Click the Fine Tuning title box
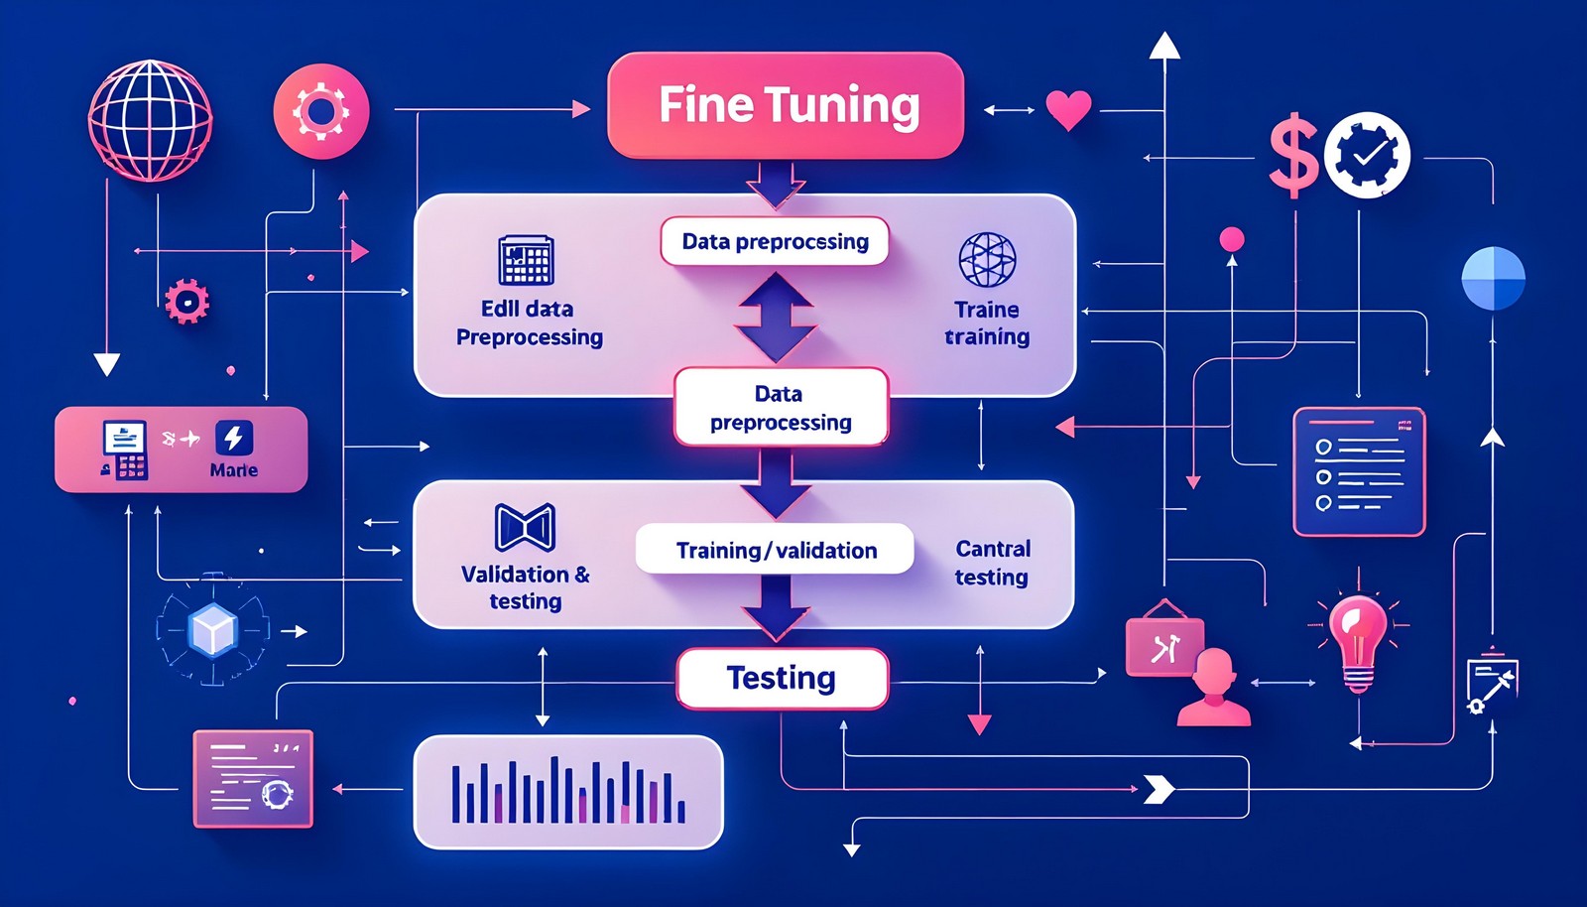pos(785,105)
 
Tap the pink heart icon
pos(1068,109)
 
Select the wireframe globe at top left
pos(151,120)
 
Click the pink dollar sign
pos(1293,155)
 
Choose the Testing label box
pos(782,679)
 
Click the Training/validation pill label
pos(775,550)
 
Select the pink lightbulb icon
pos(1358,639)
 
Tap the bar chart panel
pos(567,792)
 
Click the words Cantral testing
pos(992,563)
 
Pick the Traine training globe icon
pos(987,260)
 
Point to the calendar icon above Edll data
pos(526,261)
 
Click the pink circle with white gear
pos(320,111)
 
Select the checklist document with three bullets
pos(1358,472)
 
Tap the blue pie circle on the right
pos(1493,278)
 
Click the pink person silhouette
pos(1214,689)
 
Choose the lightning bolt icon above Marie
pos(234,438)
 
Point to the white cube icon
pos(213,630)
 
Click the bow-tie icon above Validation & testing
pos(525,527)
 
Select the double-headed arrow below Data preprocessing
pos(776,317)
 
